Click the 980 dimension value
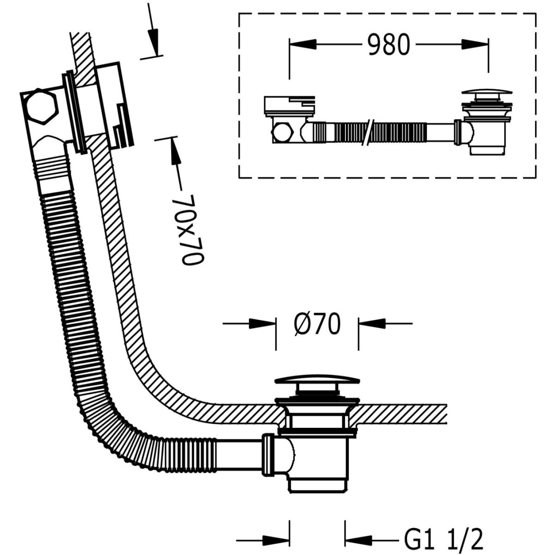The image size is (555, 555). (x=389, y=45)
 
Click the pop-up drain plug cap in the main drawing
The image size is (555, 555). (x=317, y=381)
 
